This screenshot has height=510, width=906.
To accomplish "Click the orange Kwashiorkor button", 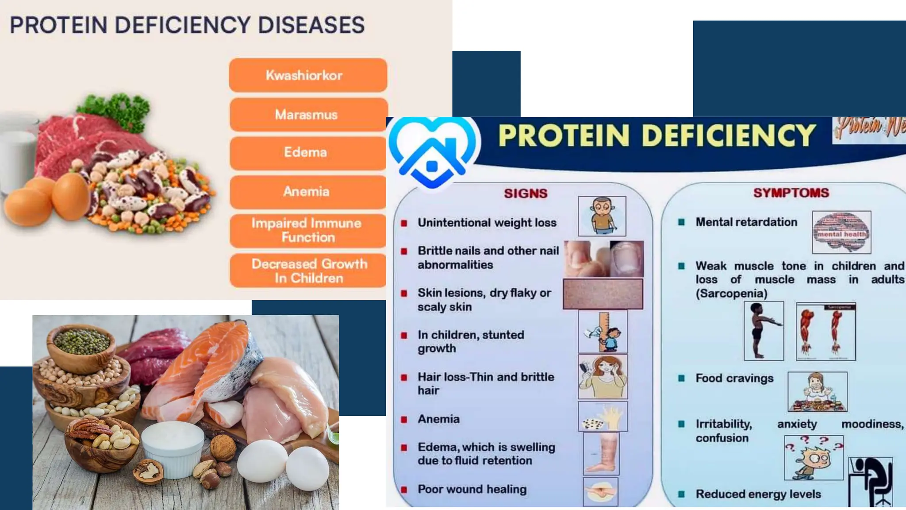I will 308,75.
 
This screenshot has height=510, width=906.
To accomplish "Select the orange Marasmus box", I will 308,115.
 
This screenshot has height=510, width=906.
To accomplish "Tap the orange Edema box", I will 308,153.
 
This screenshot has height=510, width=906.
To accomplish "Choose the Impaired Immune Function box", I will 308,230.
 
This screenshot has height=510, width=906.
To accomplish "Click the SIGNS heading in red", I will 526,193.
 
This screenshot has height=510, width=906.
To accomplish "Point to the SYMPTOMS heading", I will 791,193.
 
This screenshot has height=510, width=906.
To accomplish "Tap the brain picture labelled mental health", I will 841,232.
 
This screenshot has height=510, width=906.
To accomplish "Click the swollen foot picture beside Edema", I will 601,453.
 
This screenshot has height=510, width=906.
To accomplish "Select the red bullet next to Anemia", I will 404,419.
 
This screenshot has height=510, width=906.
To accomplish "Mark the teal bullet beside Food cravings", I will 681,378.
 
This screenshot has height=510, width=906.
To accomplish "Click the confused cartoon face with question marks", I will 813,458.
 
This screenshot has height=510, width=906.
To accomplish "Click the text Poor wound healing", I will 472,489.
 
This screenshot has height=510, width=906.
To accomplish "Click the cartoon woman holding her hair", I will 603,377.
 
